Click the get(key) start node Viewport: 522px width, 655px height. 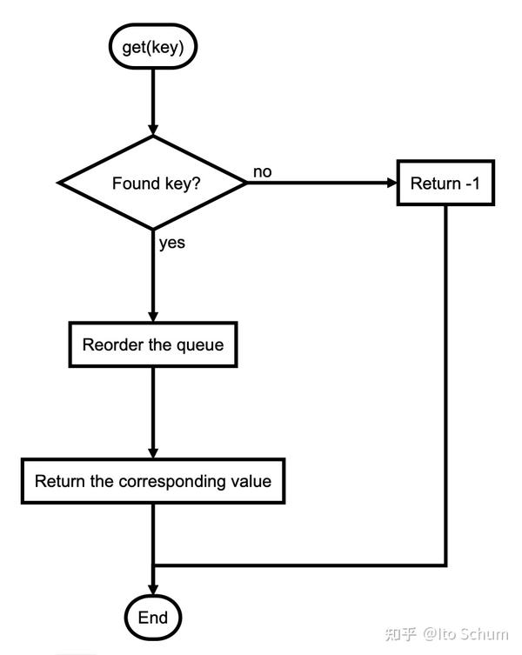(152, 46)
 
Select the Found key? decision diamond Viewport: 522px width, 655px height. (153, 183)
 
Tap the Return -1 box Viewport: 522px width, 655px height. (445, 183)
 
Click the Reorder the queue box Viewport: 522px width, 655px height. (153, 344)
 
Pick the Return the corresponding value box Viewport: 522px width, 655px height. (153, 481)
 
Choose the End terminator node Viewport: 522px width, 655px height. (153, 618)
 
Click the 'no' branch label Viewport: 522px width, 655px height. (263, 171)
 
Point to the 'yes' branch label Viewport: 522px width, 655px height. (171, 243)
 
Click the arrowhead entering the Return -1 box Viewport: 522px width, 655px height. (391, 183)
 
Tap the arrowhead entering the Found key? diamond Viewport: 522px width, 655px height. (153, 130)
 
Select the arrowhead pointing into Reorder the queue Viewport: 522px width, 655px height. (153, 317)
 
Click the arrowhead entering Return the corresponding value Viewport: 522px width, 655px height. (153, 453)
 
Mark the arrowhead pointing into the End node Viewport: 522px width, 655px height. (153, 590)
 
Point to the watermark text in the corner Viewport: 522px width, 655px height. (446, 634)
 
